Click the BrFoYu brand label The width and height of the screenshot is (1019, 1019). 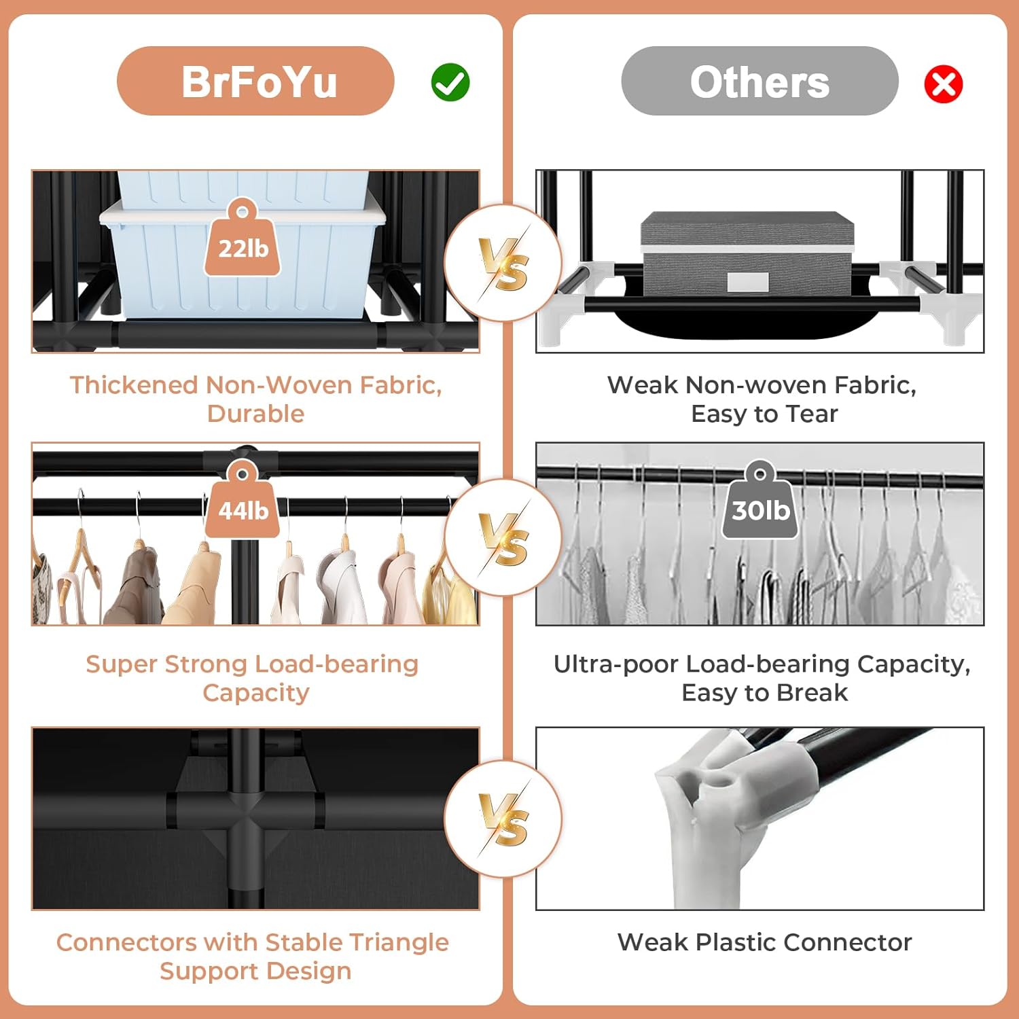(255, 81)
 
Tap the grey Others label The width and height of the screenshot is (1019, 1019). (759, 81)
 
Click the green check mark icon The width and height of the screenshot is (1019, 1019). (450, 82)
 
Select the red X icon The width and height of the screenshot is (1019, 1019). (944, 84)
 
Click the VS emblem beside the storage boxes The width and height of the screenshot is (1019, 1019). (503, 262)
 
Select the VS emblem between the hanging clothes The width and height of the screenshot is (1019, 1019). (503, 537)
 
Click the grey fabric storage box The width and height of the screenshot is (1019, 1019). (747, 253)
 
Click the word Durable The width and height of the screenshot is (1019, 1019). (255, 413)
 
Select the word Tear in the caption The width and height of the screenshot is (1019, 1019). (811, 413)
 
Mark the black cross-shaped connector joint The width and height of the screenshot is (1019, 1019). (245, 810)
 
